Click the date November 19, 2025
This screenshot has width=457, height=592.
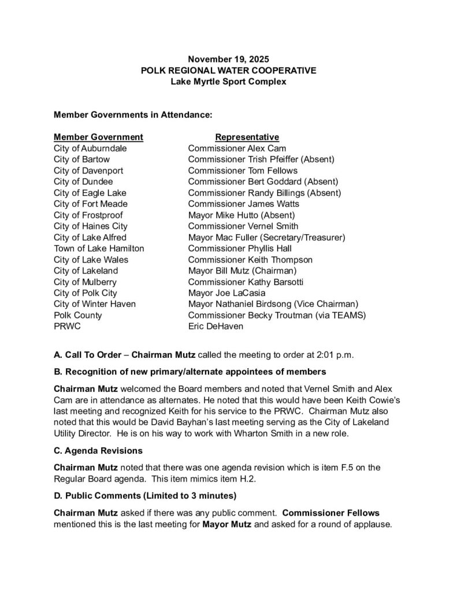tap(228, 60)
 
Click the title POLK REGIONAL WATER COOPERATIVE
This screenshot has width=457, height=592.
tap(229, 71)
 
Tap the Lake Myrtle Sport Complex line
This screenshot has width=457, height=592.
tap(229, 82)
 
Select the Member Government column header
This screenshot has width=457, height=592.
tap(98, 137)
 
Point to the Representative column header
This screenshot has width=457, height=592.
tap(247, 137)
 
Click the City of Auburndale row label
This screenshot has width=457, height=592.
tap(90, 148)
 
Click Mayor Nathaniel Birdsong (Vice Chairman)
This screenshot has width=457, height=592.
tap(273, 304)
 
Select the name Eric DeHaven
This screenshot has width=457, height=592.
tap(216, 326)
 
